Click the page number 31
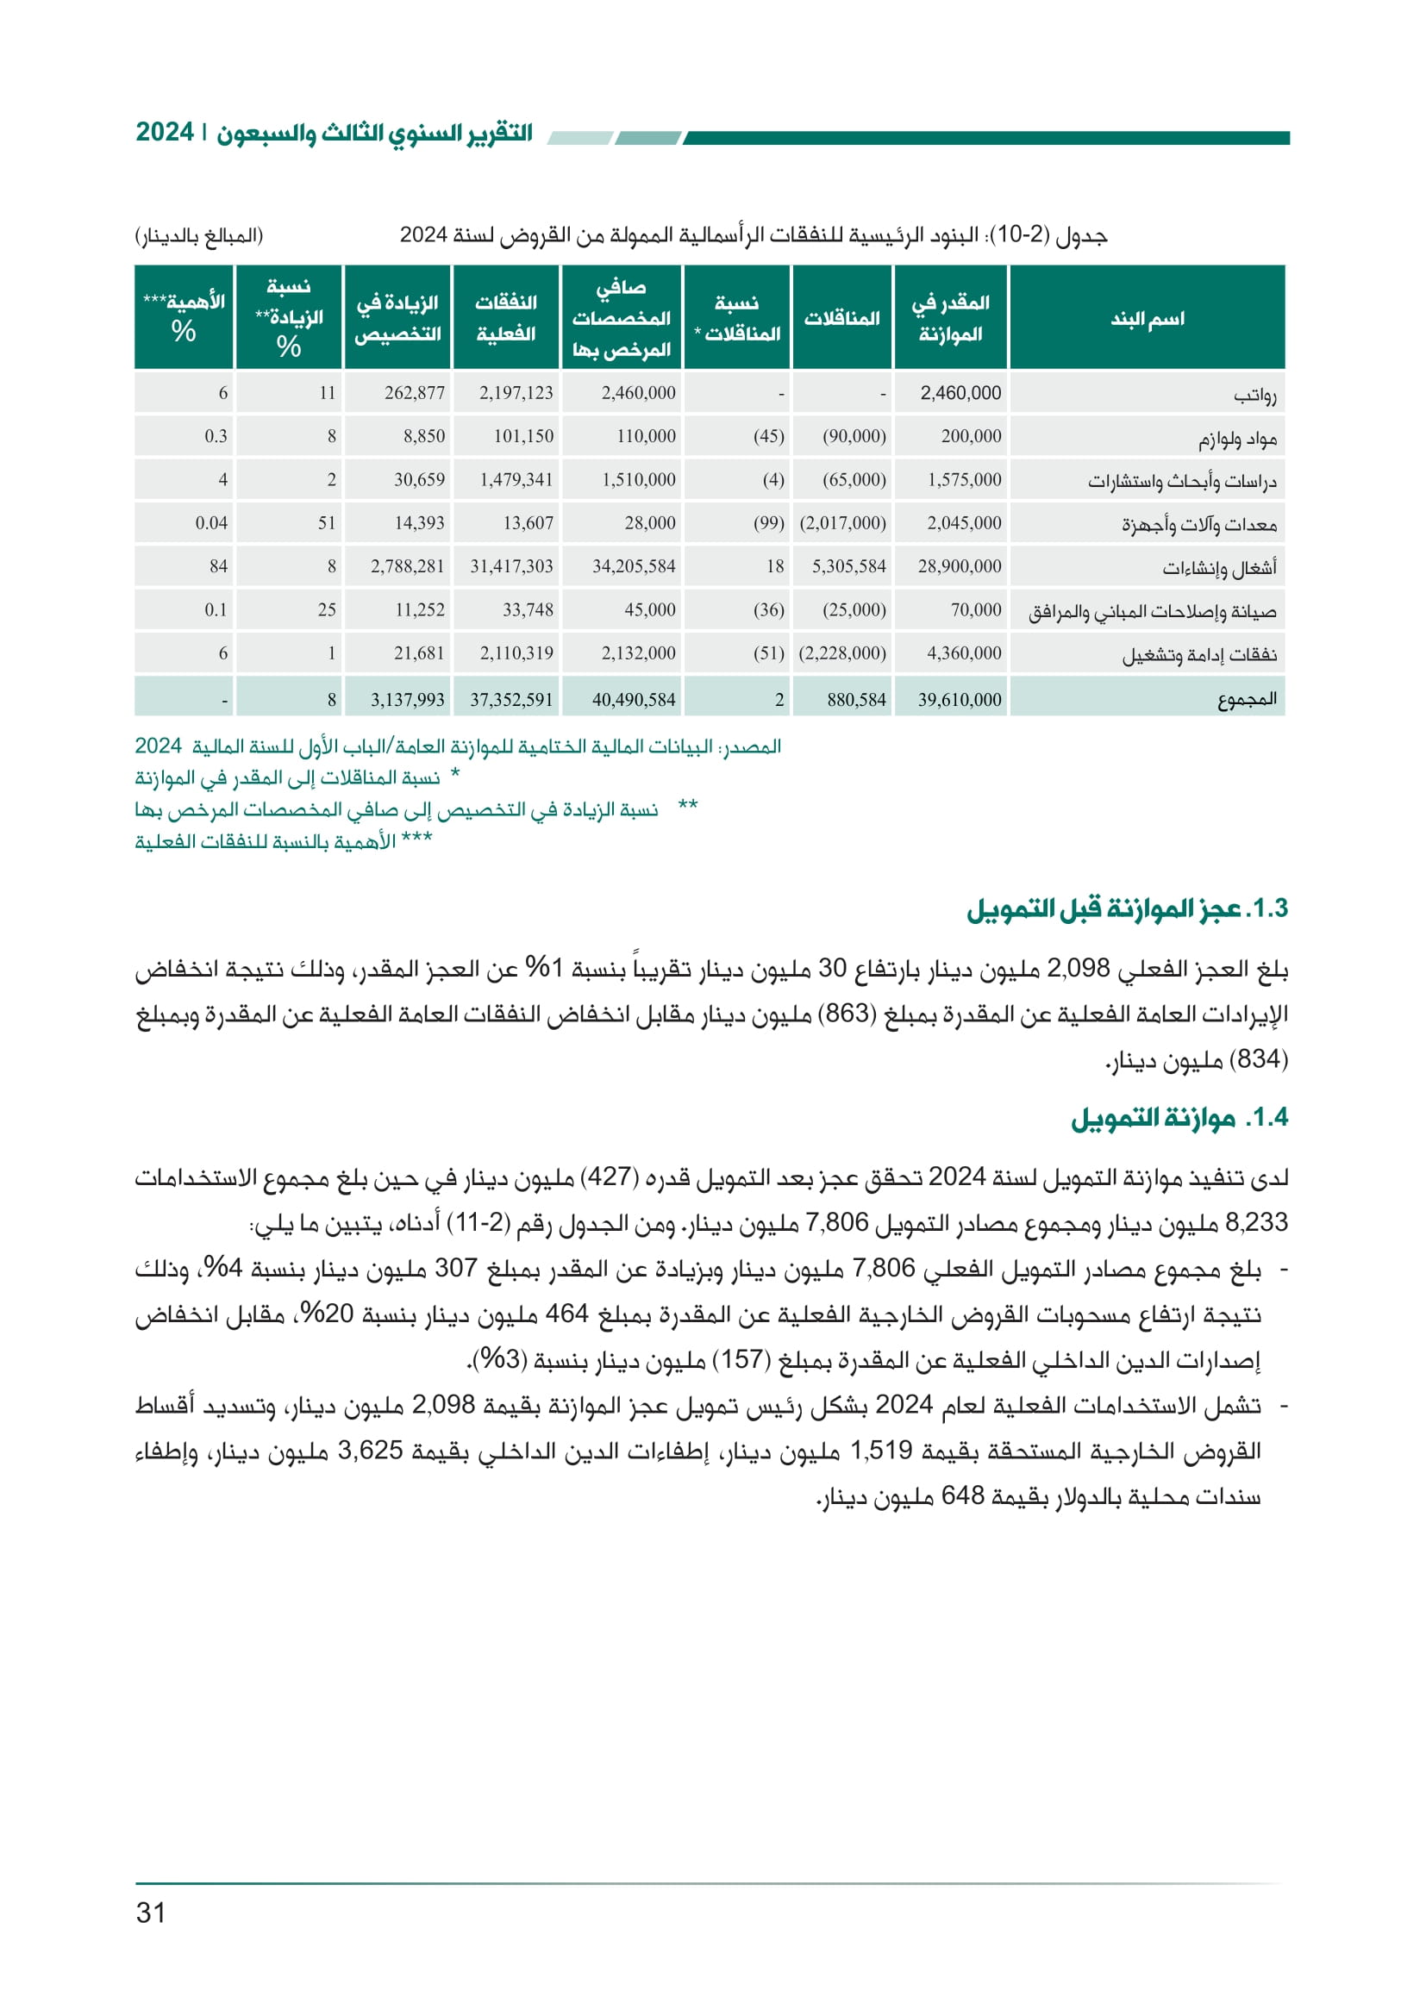point(151,1913)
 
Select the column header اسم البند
point(1147,318)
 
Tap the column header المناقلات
point(842,318)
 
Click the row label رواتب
point(1254,394)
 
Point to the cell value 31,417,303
point(511,566)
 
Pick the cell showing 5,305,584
point(848,566)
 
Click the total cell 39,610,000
point(959,700)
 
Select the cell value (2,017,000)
point(842,523)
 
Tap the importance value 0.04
point(210,523)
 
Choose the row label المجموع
point(1247,700)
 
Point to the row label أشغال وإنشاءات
point(1220,568)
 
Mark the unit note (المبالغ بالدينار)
point(199,235)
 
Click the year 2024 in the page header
point(164,133)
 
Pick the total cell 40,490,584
point(633,700)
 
